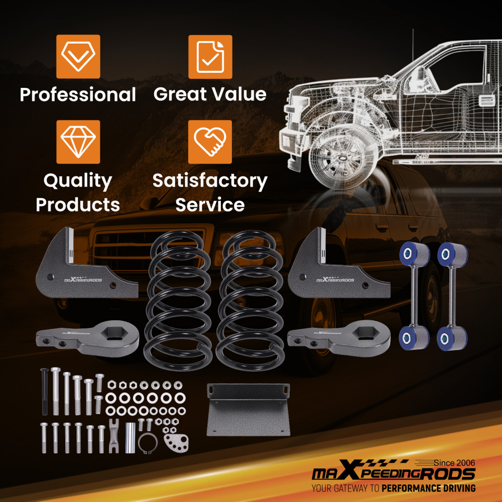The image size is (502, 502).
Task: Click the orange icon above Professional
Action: [x=78, y=57]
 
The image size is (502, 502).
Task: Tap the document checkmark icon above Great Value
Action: [x=210, y=57]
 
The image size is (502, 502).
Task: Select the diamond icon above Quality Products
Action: [x=78, y=142]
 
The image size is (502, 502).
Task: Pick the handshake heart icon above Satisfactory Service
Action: [x=210, y=142]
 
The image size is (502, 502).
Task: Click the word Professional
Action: [x=78, y=95]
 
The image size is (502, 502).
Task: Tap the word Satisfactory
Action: [x=210, y=181]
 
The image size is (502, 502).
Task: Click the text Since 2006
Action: [x=454, y=463]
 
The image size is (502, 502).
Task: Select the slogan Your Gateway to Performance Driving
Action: [x=394, y=488]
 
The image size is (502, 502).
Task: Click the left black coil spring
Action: [x=178, y=300]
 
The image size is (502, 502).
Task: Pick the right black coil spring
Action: [x=250, y=300]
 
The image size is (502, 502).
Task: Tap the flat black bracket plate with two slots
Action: [x=248, y=410]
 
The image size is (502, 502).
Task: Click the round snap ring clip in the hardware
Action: [x=148, y=443]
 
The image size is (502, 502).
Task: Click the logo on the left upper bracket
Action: [x=83, y=279]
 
